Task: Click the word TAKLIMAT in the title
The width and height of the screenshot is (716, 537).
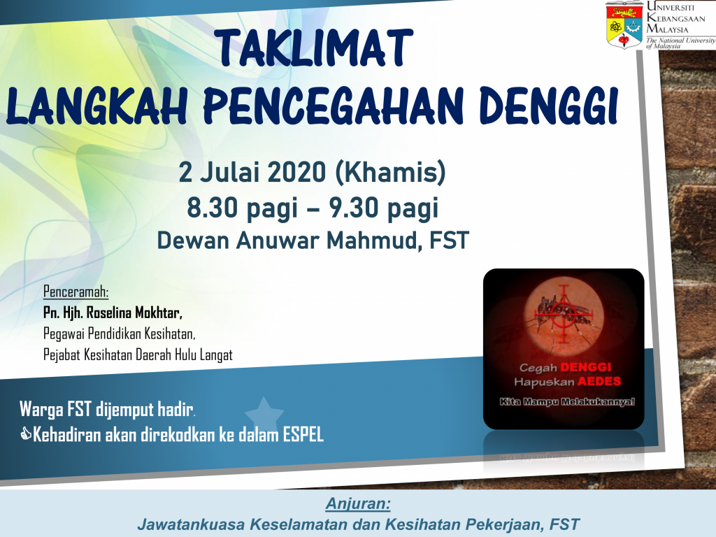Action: click(314, 48)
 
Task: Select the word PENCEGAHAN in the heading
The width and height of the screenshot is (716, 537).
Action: click(333, 106)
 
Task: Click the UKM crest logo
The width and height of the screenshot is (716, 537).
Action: click(624, 24)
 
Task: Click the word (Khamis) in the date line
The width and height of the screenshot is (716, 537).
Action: click(390, 173)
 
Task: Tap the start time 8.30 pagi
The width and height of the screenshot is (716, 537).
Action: click(242, 209)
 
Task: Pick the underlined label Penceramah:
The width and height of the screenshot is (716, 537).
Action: click(76, 292)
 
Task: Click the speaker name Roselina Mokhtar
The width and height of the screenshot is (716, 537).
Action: click(134, 313)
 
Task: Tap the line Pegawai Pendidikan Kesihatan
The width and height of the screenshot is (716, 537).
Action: click(119, 334)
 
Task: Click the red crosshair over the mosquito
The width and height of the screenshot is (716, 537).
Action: click(564, 313)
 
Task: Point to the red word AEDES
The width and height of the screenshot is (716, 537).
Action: click(599, 381)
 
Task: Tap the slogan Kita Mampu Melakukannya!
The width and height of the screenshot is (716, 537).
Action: click(566, 402)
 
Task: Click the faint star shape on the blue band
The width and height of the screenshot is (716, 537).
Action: click(264, 414)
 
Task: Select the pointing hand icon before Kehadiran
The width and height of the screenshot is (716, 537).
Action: click(26, 434)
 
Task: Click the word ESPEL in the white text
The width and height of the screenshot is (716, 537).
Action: click(303, 435)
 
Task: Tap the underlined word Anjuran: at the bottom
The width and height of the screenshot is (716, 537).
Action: click(358, 503)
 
